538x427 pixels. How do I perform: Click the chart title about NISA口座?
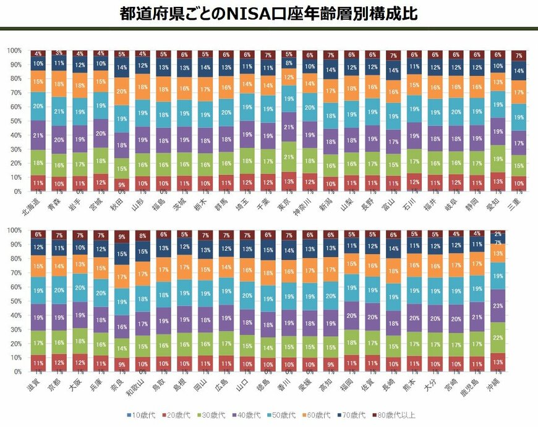pos(269,14)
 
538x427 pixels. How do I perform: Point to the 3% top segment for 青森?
pos(59,53)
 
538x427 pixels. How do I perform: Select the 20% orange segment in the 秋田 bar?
pos(122,91)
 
